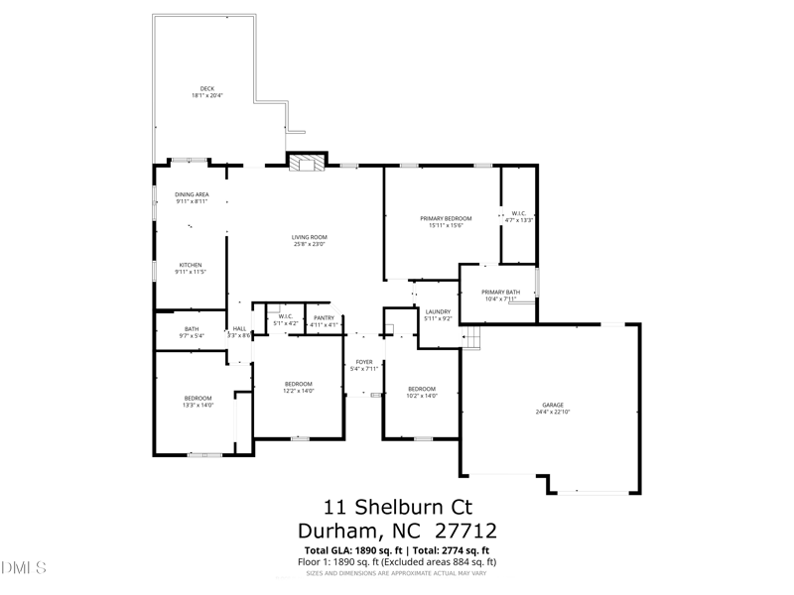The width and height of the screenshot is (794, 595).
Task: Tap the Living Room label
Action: click(310, 237)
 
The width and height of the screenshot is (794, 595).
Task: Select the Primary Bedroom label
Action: click(446, 218)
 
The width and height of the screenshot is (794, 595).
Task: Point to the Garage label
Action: click(553, 405)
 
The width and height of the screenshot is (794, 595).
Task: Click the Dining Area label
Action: click(192, 194)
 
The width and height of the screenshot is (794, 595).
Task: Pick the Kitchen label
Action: click(191, 265)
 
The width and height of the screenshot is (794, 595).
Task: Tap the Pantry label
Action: click(325, 317)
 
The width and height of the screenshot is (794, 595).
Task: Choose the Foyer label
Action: click(364, 362)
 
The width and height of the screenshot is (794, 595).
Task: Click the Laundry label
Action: click(438, 311)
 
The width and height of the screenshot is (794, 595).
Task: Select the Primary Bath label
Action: click(500, 292)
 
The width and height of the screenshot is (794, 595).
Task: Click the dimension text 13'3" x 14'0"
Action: click(198, 405)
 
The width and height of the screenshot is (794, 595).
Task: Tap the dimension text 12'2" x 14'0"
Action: click(299, 391)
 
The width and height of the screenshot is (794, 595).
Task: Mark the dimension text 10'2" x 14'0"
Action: click(422, 395)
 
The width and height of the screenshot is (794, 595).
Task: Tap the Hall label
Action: click(239, 329)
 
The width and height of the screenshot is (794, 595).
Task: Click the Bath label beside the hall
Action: click(192, 329)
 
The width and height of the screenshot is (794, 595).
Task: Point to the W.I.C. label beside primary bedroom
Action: click(518, 213)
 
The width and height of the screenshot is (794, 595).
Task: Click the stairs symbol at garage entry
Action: click(473, 340)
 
